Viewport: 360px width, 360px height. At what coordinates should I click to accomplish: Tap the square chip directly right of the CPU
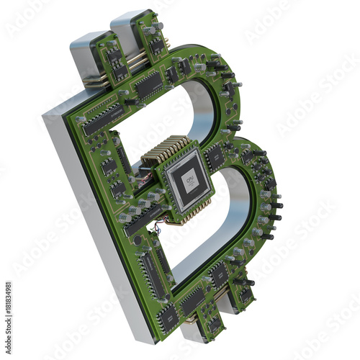(215, 156)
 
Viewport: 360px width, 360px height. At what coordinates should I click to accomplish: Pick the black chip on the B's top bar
(148, 85)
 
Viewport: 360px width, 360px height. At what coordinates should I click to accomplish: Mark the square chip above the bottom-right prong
(220, 274)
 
